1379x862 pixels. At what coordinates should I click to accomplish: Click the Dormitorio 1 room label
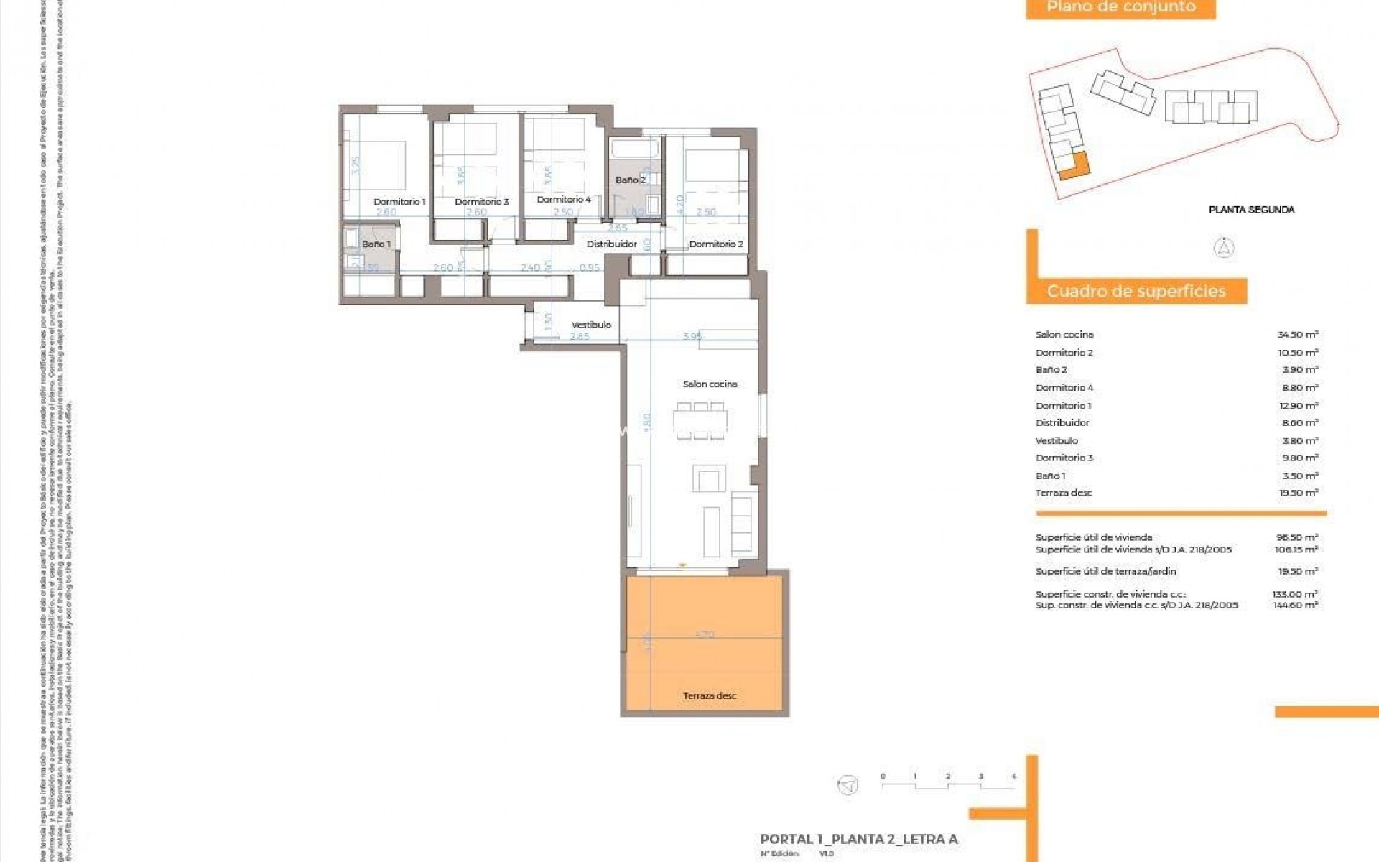click(399, 202)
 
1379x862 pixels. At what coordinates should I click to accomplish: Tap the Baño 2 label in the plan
click(630, 180)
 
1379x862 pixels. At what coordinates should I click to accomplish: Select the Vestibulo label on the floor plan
click(591, 325)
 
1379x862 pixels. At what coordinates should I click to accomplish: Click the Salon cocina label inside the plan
click(710, 384)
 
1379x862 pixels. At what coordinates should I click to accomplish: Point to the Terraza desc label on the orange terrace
click(709, 696)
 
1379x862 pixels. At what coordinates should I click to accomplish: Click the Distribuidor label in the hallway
click(611, 244)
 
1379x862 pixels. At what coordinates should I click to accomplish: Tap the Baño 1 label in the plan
click(376, 244)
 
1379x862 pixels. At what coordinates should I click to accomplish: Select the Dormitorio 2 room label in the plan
click(715, 244)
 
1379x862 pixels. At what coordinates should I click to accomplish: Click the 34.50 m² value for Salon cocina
click(1297, 335)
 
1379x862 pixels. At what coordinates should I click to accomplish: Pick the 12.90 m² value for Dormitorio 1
click(1297, 406)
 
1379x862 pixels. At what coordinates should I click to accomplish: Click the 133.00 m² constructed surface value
click(1294, 594)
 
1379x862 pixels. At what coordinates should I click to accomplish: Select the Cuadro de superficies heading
click(1136, 292)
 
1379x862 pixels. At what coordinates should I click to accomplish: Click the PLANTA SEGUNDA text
click(1251, 210)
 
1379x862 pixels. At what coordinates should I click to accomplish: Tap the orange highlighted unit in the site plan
click(1076, 167)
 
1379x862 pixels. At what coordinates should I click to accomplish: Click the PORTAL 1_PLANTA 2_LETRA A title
click(859, 839)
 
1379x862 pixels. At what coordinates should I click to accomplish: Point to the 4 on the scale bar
click(1013, 776)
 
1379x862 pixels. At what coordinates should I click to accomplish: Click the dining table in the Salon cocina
click(700, 421)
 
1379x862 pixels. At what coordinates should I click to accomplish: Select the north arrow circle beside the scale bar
click(848, 784)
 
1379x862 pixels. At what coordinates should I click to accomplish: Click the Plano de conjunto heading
click(1120, 7)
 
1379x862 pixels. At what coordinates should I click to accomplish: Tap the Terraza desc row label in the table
click(1063, 493)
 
